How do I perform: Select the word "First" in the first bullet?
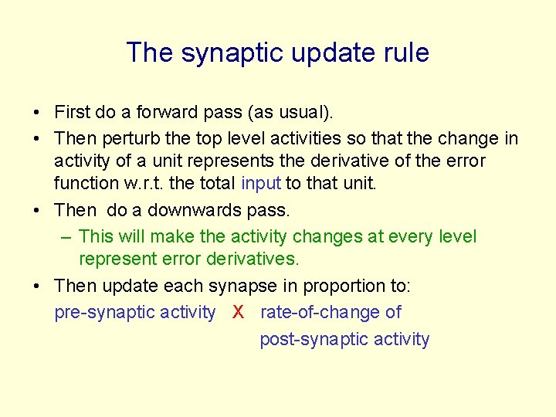[72, 113]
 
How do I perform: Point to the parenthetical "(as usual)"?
[290, 113]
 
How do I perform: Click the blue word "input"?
[261, 183]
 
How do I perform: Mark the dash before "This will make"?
[66, 236]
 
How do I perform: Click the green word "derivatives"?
[252, 259]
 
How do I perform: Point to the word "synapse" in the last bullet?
[242, 286]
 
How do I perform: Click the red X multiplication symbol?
[239, 312]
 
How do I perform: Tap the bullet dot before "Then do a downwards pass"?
[37, 210]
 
